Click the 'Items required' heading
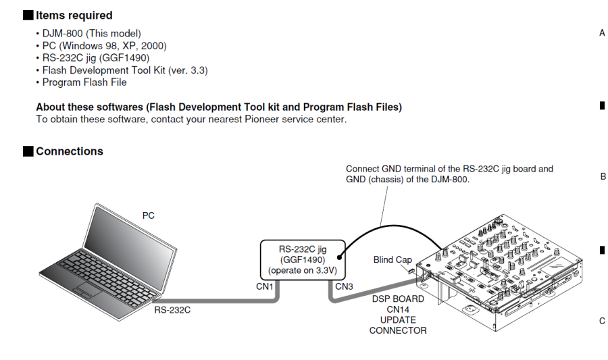[74, 15]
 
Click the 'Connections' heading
[70, 151]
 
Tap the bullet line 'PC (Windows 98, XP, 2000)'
[104, 45]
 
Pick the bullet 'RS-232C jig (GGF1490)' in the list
[95, 57]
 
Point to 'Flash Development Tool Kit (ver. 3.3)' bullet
[125, 70]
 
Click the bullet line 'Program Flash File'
[84, 82]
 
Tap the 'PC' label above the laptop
[149, 215]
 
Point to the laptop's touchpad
[86, 290]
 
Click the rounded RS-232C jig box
[303, 259]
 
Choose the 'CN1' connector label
[264, 286]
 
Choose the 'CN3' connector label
[345, 286]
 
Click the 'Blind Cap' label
[392, 259]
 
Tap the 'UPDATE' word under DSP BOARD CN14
[397, 319]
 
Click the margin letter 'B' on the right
[603, 176]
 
